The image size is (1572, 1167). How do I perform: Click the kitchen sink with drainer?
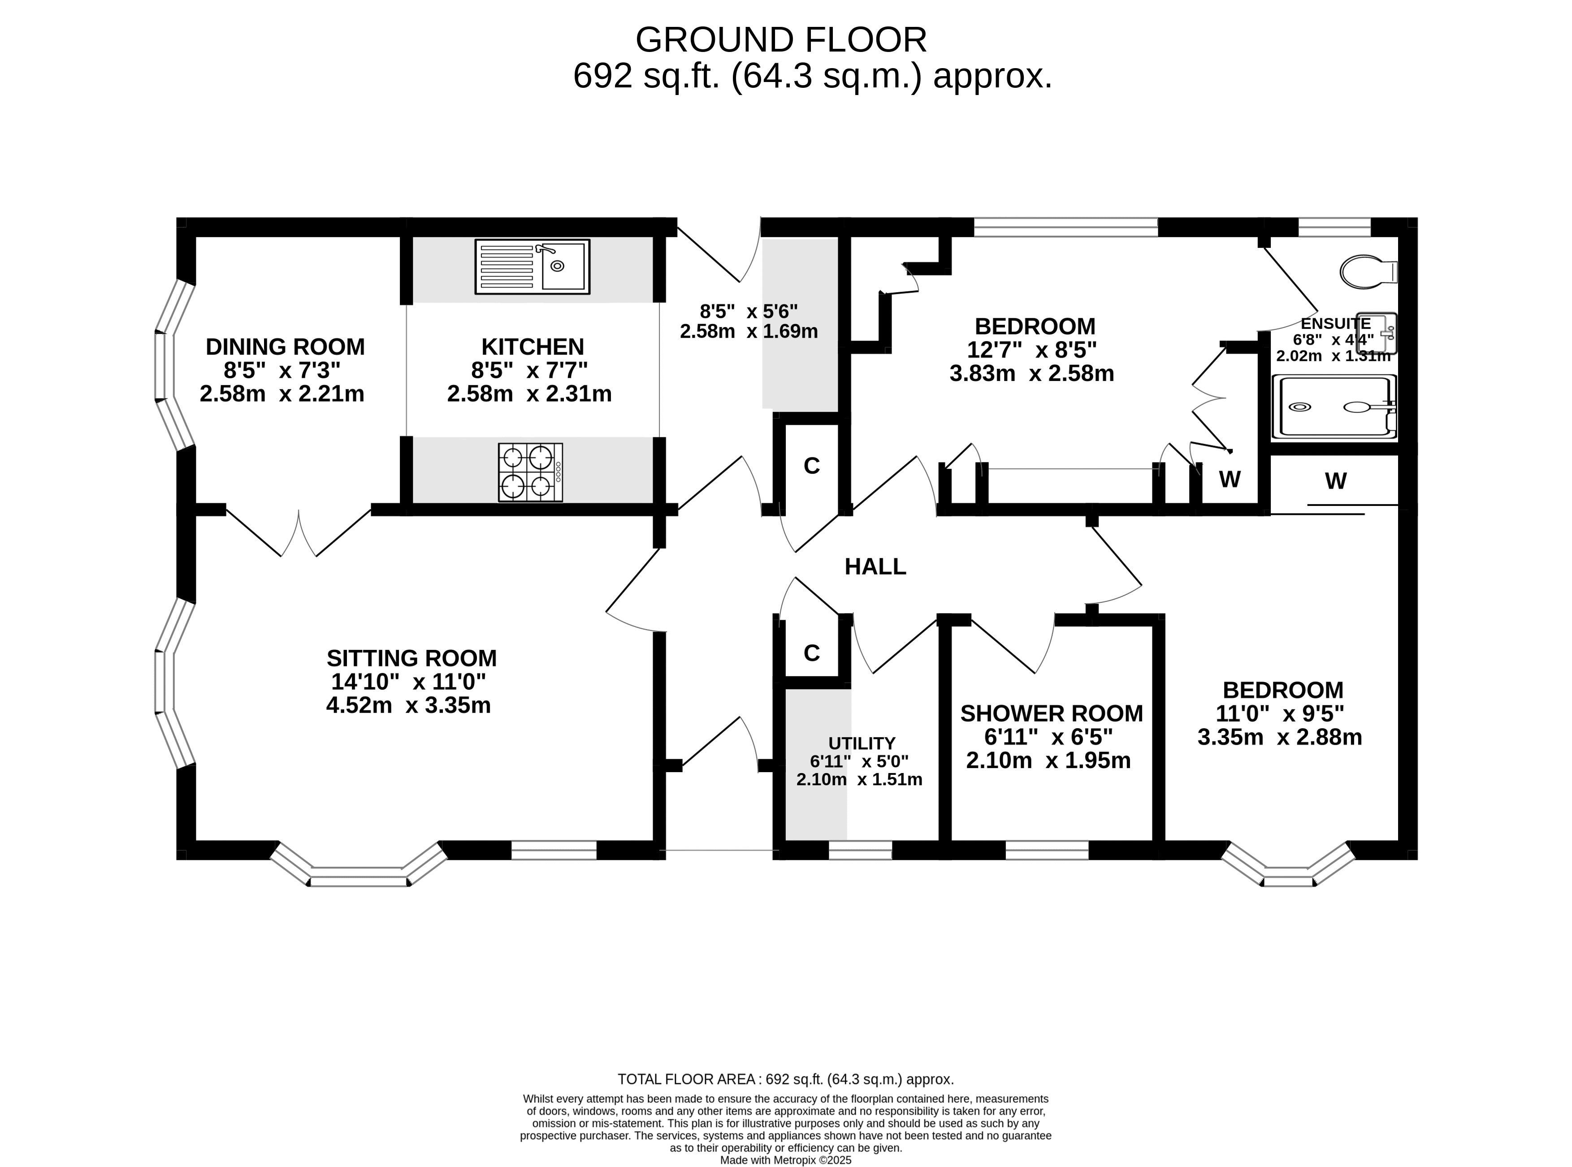532,266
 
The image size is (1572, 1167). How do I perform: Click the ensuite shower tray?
1334,407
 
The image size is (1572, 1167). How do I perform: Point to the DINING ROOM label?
286,347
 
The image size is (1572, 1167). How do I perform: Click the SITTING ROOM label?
412,658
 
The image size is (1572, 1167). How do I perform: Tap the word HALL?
875,566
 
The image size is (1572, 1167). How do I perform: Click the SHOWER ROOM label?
1051,713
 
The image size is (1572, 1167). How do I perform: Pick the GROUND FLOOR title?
781,39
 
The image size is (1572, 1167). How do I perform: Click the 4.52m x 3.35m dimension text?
408,705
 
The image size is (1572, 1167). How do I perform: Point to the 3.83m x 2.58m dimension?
1031,373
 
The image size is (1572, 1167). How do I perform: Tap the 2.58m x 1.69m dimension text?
749,331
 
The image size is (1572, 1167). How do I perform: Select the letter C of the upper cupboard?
812,466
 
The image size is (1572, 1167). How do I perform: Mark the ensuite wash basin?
1377,333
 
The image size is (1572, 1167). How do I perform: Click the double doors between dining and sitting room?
299,533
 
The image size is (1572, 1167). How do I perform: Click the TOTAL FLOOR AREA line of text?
786,1080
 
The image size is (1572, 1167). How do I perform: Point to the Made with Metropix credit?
786,1160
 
